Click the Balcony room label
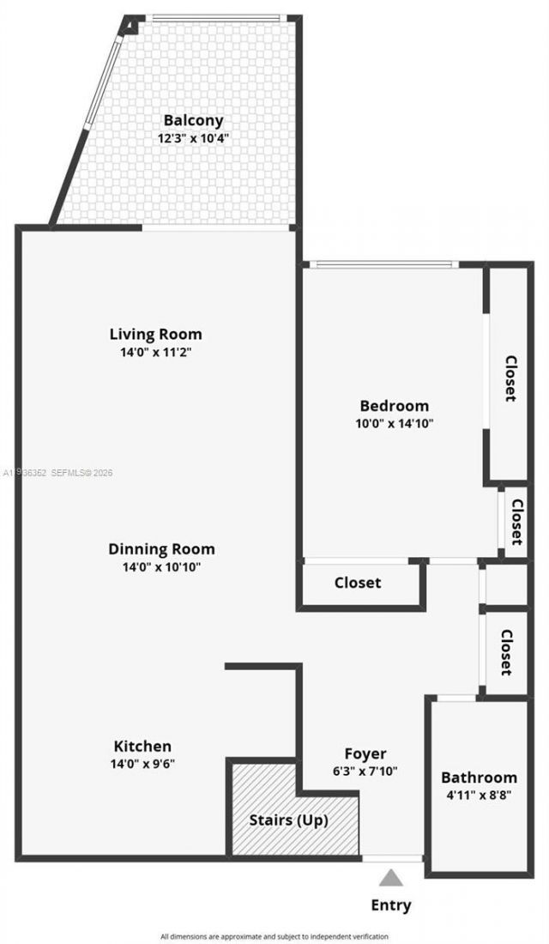coord(193,121)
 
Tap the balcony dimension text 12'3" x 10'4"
coord(193,137)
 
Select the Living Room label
coord(155,334)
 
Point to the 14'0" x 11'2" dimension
coord(155,351)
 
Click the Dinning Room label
coord(161,549)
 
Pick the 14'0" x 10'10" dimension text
coord(161,566)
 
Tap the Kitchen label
coord(142,746)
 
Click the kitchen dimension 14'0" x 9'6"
coord(142,763)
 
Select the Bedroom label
coord(394,406)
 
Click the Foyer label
coord(365,753)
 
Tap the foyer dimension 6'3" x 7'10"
coord(365,771)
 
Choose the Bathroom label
coord(479,778)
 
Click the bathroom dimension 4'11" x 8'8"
coord(479,795)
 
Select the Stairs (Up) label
coord(288,820)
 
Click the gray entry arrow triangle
coord(391,877)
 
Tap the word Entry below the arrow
coord(391,905)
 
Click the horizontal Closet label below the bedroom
coord(358,583)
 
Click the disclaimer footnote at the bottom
coord(274,936)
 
